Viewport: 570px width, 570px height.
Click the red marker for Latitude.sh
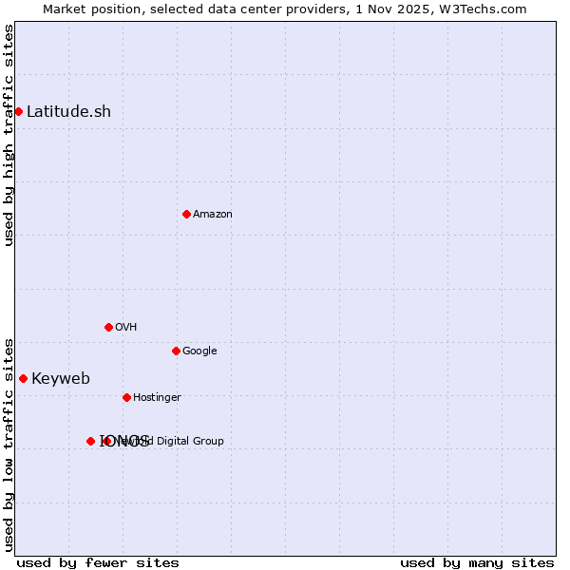[x=18, y=111]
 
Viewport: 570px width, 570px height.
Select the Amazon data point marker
[x=186, y=214]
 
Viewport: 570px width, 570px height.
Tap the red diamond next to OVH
[x=108, y=327]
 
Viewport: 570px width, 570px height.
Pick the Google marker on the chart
[x=176, y=351]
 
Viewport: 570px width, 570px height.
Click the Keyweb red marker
[x=23, y=378]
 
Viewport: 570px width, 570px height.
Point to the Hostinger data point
[x=126, y=397]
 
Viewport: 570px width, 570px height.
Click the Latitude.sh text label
[x=68, y=111]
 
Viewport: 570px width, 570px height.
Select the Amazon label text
[x=213, y=214]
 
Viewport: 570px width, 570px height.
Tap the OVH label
[x=126, y=327]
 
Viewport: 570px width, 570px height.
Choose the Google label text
[x=199, y=351]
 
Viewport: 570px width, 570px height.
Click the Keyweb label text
[x=61, y=378]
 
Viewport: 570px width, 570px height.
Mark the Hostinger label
[x=157, y=397]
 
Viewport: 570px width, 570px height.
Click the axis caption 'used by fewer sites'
[x=98, y=562]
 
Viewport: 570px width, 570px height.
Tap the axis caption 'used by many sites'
[x=477, y=562]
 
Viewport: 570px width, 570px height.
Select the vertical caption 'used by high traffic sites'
[x=9, y=135]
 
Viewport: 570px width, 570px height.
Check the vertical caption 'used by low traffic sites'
[x=9, y=444]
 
